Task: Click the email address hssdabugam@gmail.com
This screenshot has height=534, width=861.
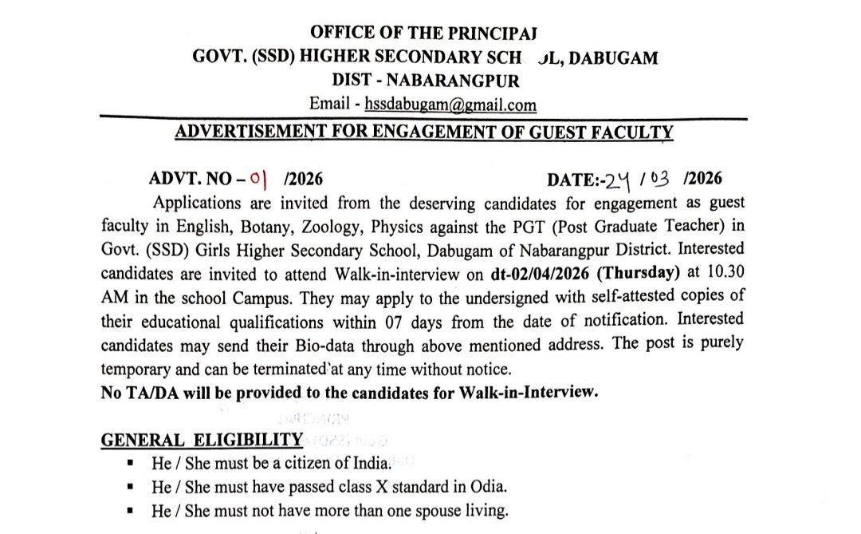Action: (450, 105)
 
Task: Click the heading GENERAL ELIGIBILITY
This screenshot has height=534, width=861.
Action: (202, 440)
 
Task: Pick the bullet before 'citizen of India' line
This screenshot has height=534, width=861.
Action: (129, 462)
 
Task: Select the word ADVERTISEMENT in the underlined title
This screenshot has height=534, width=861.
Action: (255, 131)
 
